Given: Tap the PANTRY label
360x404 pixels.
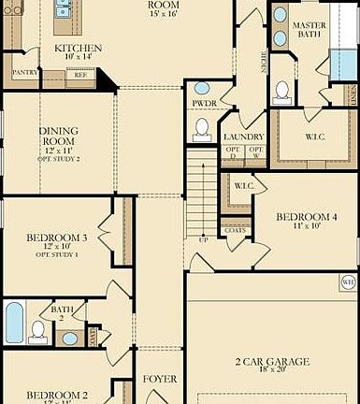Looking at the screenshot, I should click(x=23, y=71).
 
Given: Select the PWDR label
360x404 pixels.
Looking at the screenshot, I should click(x=204, y=103).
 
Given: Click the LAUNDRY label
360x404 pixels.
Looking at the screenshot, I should click(x=244, y=137).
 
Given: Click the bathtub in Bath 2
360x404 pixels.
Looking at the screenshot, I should click(x=14, y=324).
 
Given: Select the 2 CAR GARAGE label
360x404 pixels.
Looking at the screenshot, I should click(x=271, y=361).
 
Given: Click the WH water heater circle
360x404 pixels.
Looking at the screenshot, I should click(x=348, y=281).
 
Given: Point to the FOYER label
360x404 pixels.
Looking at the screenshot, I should click(x=159, y=380).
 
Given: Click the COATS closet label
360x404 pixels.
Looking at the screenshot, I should click(x=235, y=230).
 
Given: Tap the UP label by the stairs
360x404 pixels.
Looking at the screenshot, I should click(x=205, y=240).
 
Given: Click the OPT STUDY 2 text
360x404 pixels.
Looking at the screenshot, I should click(x=58, y=160).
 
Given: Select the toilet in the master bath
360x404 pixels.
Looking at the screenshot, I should click(x=282, y=92).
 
